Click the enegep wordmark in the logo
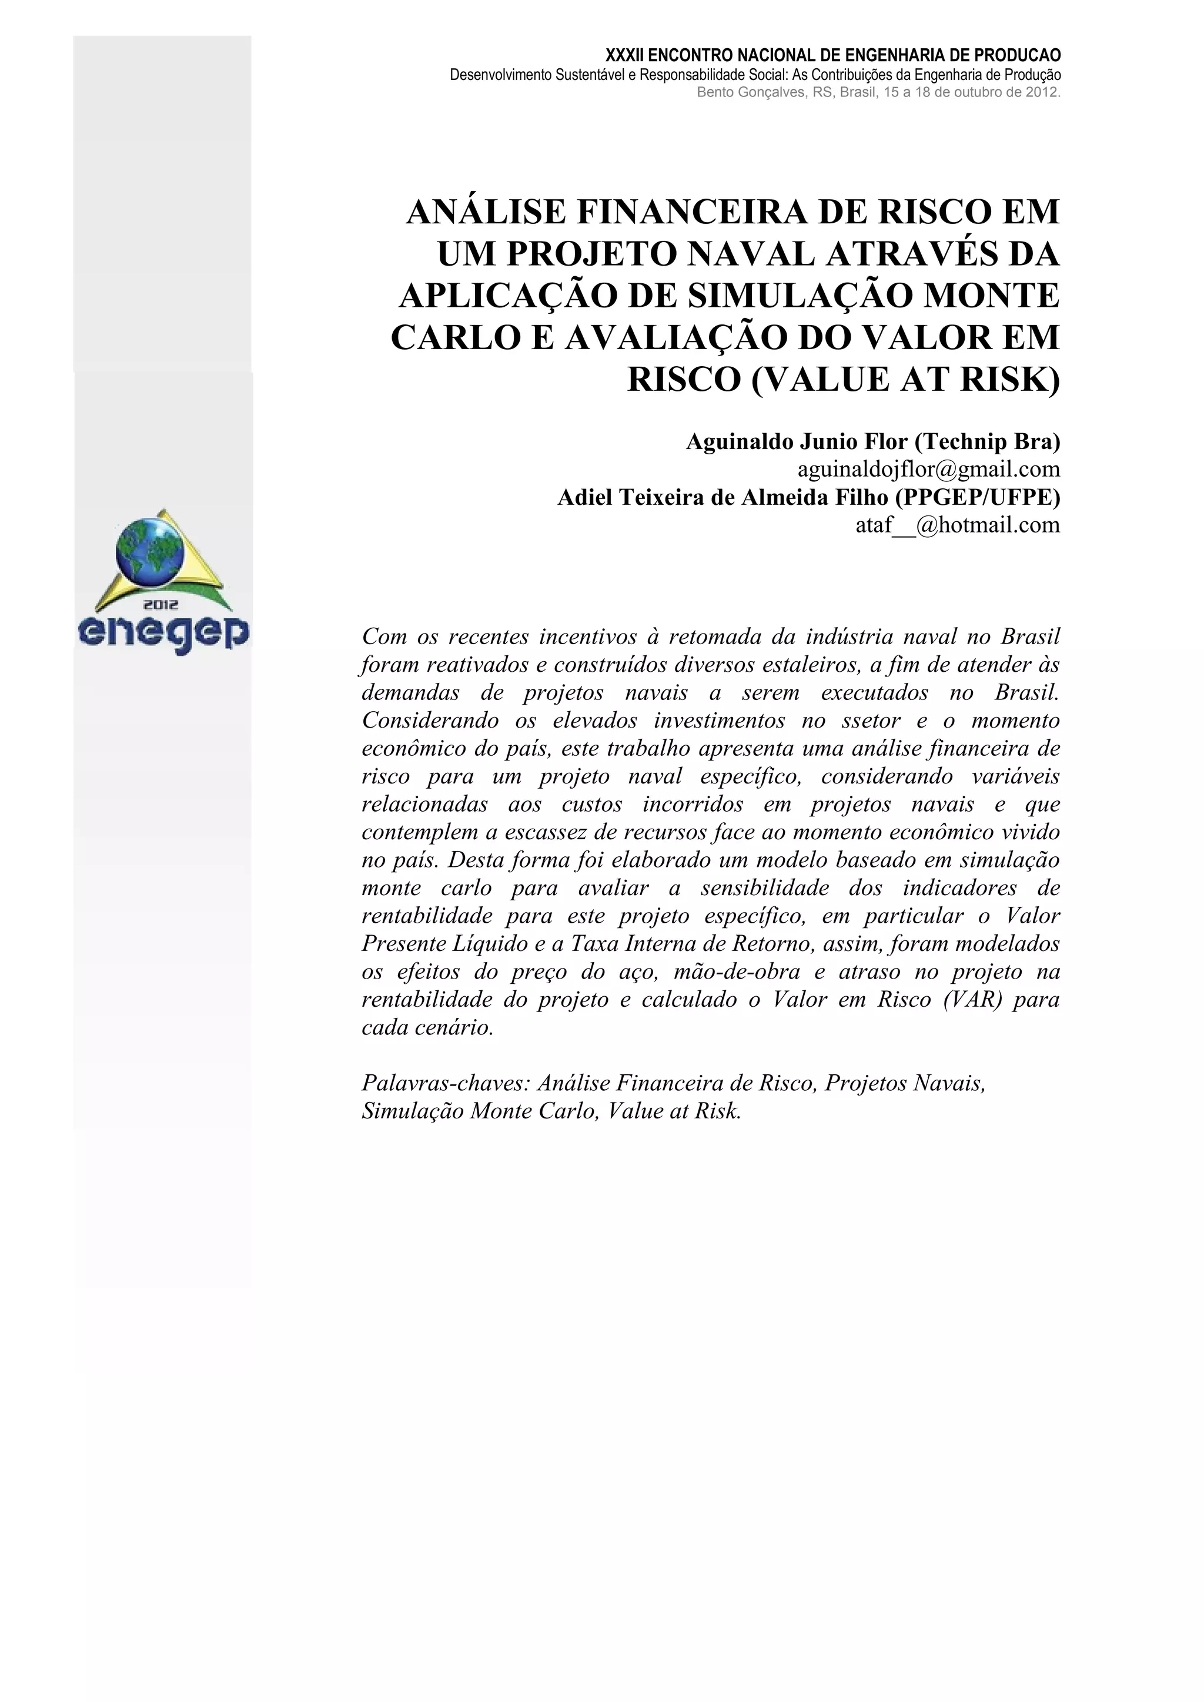pyautogui.click(x=164, y=635)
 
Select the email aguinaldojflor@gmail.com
pyautogui.click(x=928, y=469)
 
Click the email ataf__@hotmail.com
pyautogui.click(x=957, y=525)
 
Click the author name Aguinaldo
pyautogui.click(x=738, y=442)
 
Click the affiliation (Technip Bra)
pyautogui.click(x=988, y=442)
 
